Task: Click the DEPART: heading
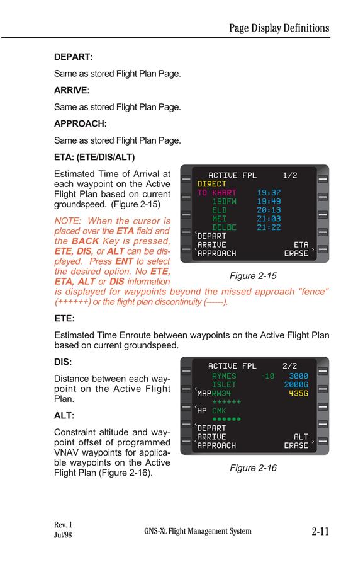pyautogui.click(x=74, y=57)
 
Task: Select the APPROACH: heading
pyautogui.click(x=81, y=123)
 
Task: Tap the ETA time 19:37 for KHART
pyautogui.click(x=269, y=193)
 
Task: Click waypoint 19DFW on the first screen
pyautogui.click(x=224, y=202)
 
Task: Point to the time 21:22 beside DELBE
pyautogui.click(x=269, y=227)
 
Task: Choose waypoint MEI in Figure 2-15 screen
pyautogui.click(x=219, y=219)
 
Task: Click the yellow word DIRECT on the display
pyautogui.click(x=211, y=184)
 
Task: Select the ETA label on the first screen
pyautogui.click(x=301, y=245)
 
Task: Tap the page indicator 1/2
pyautogui.click(x=289, y=175)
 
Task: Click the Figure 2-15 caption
pyautogui.click(x=253, y=276)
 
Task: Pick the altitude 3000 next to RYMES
pyautogui.click(x=299, y=376)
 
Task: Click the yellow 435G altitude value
pyautogui.click(x=299, y=393)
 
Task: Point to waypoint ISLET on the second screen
pyautogui.click(x=224, y=384)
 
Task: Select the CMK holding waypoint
pyautogui.click(x=219, y=411)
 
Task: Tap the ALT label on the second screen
pyautogui.click(x=301, y=437)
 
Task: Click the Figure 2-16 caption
pyautogui.click(x=253, y=468)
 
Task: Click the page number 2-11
pyautogui.click(x=320, y=531)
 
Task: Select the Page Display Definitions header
pyautogui.click(x=279, y=28)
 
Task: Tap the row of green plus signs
pyautogui.click(x=226, y=402)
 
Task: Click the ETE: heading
pyautogui.click(x=64, y=319)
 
